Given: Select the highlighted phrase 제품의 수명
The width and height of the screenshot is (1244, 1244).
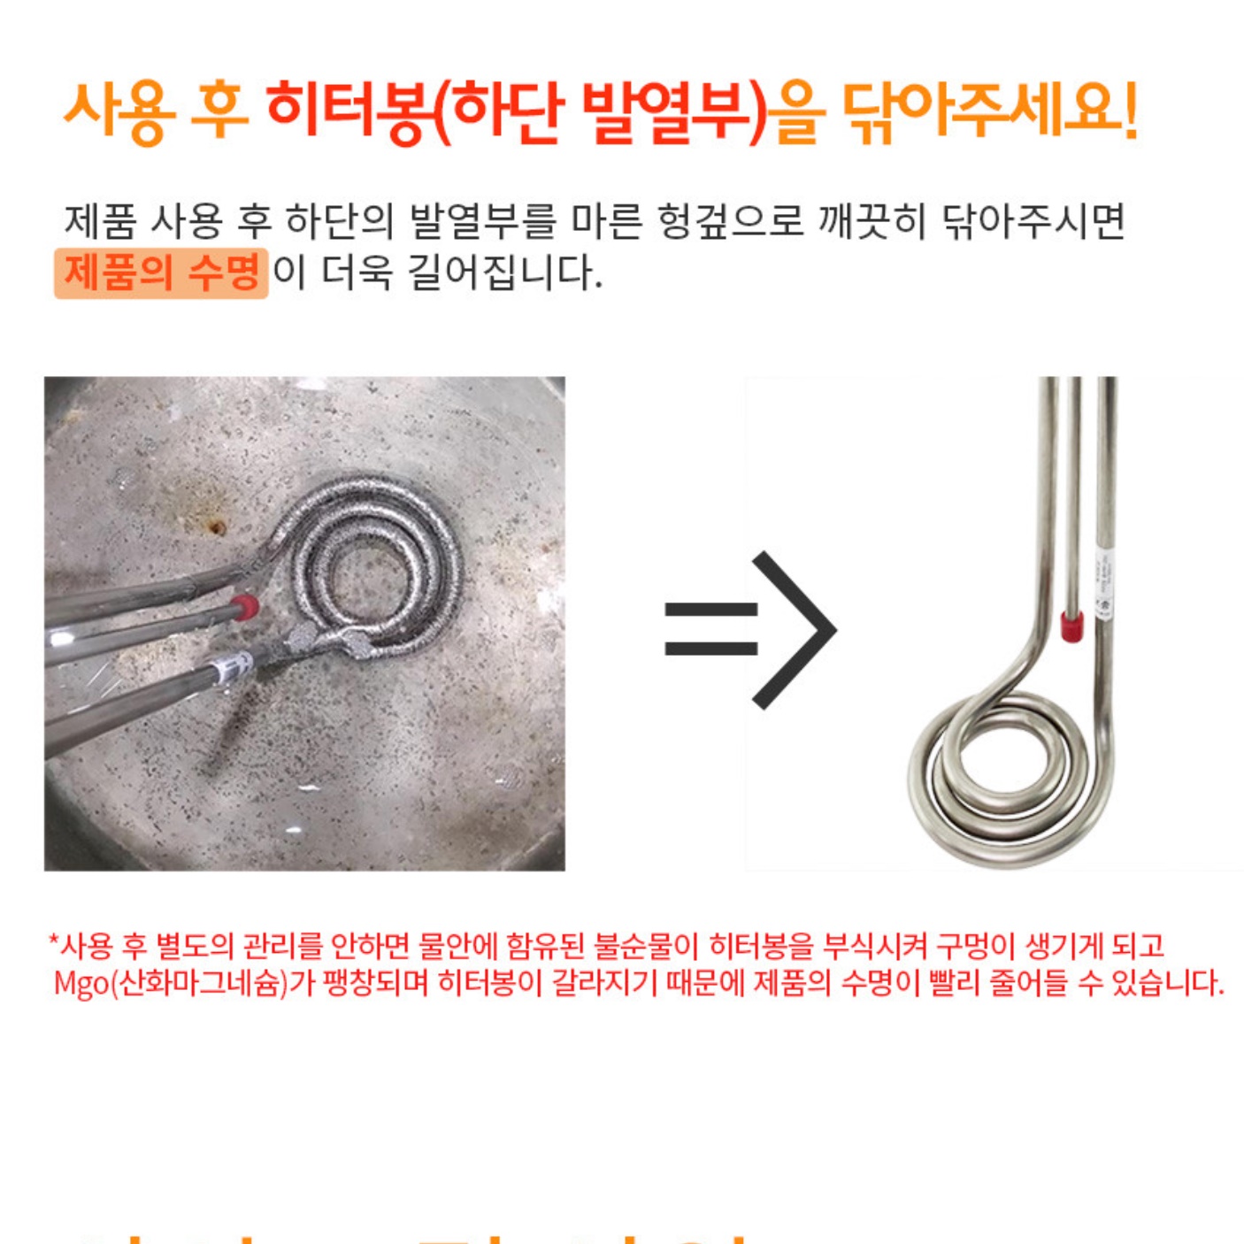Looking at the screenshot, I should (161, 273).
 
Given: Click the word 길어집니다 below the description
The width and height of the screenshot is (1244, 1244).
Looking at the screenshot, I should (504, 273).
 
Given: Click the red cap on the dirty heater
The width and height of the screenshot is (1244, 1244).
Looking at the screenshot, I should (244, 607).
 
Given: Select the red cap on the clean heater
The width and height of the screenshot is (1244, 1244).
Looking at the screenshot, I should (1071, 626).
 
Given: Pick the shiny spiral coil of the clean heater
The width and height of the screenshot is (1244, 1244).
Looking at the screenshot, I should (1009, 761).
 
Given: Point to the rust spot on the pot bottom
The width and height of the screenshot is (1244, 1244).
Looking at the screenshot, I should (214, 527).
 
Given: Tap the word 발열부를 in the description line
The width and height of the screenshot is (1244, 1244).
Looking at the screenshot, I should (482, 220).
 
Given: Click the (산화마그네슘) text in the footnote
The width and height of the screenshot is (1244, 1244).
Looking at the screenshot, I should (198, 983).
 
